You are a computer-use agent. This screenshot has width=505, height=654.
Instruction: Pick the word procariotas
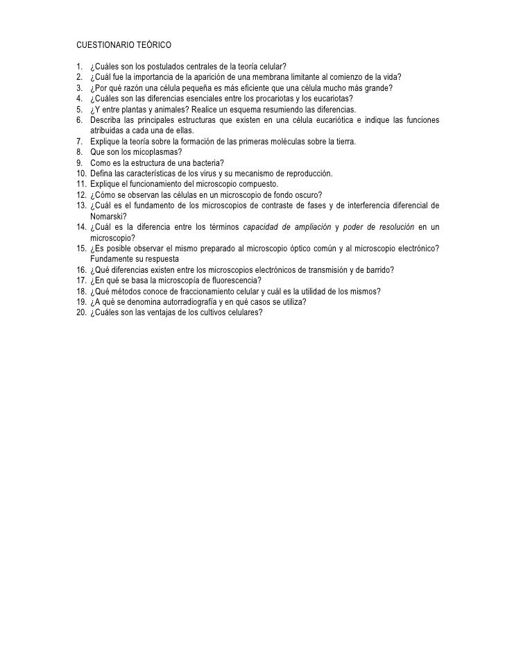(x=283, y=98)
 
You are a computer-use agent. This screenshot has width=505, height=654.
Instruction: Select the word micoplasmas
(x=154, y=152)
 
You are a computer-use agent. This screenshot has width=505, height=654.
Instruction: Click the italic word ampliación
(x=300, y=227)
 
